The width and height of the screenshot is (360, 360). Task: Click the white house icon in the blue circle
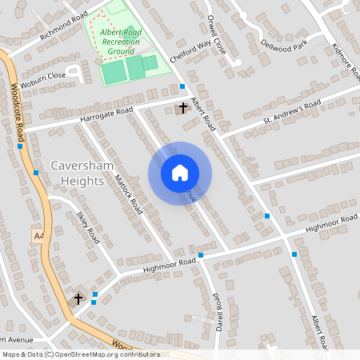[180, 173]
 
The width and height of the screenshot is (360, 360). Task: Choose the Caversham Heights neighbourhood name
[78, 174]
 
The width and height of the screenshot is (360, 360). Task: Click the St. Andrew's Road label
[292, 115]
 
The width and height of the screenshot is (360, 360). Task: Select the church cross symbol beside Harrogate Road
[183, 106]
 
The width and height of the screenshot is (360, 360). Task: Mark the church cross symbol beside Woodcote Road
[78, 298]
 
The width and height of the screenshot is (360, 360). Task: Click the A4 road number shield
[38, 235]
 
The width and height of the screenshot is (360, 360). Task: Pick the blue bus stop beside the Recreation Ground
[182, 86]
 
